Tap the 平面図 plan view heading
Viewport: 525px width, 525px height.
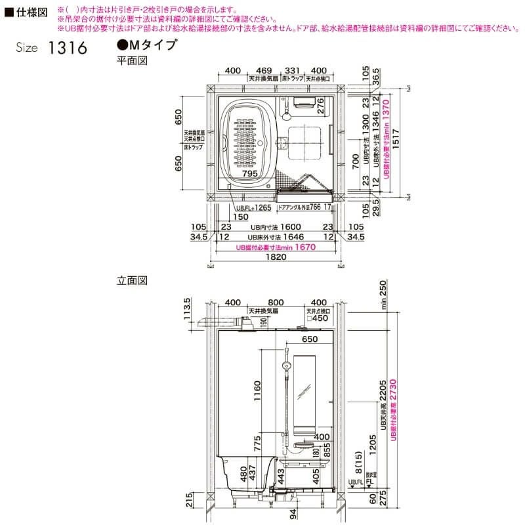(x=130, y=60)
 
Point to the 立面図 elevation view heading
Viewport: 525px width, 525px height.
(x=131, y=280)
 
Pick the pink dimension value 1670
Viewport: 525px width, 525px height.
(x=305, y=247)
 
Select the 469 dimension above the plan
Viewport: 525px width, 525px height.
(x=264, y=70)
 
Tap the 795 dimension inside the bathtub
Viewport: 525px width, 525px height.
(x=248, y=174)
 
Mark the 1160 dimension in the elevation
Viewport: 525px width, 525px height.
(x=258, y=392)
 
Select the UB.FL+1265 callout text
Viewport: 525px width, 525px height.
(x=253, y=207)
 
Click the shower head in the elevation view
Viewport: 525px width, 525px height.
(x=285, y=366)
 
